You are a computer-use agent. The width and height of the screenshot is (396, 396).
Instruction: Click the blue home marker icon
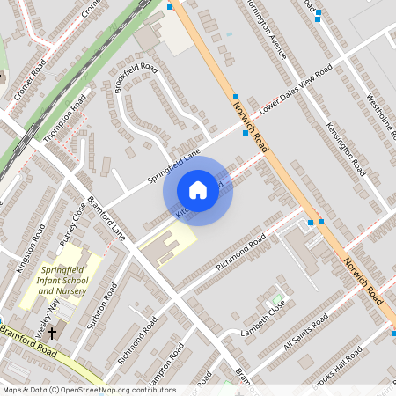(198, 189)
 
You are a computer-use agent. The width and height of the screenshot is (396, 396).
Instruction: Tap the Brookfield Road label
(136, 77)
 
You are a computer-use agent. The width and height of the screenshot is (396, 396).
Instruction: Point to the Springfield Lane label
(174, 165)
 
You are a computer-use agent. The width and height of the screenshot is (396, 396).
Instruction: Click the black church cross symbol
(51, 334)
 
